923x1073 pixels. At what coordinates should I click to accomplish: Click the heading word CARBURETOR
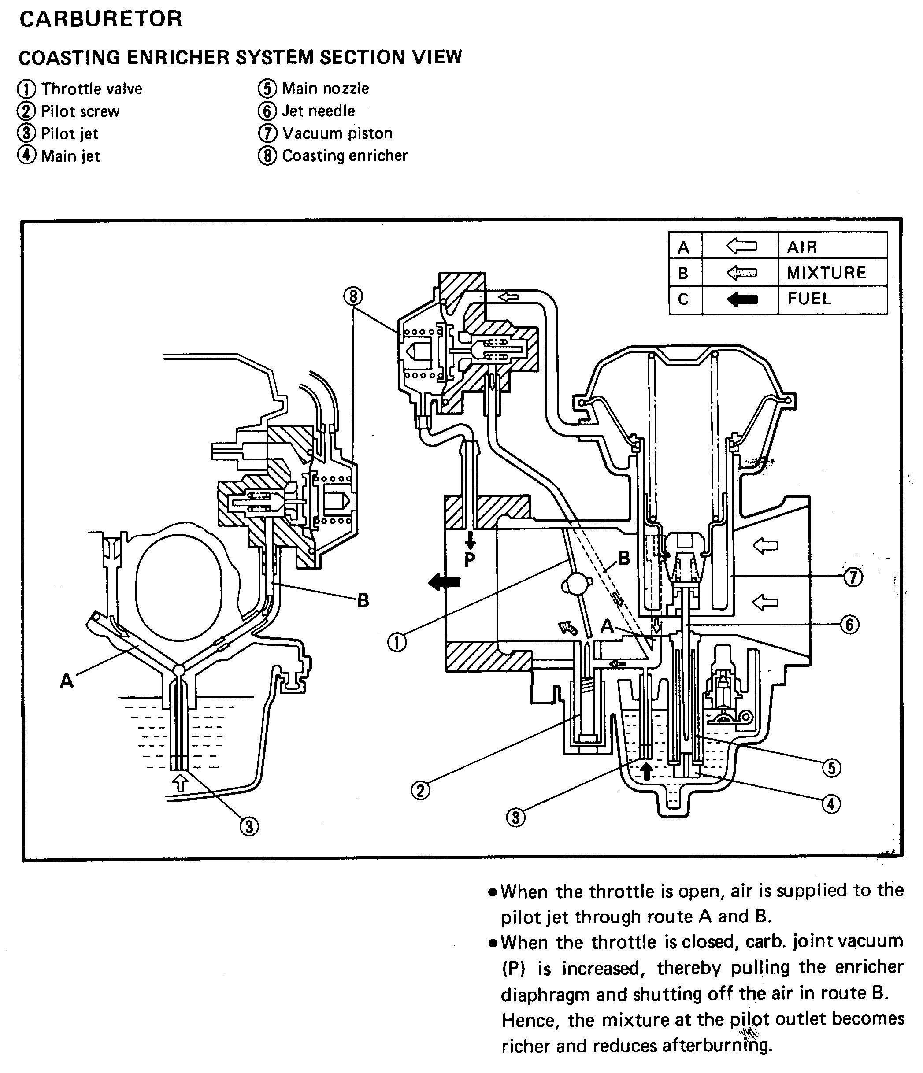[x=100, y=19]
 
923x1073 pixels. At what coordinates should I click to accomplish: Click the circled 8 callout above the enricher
[x=353, y=296]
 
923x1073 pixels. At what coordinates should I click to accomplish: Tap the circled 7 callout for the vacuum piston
[x=853, y=577]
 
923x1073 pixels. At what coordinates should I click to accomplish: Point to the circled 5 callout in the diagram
[x=831, y=767]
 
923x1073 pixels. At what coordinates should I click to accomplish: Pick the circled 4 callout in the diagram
[x=831, y=804]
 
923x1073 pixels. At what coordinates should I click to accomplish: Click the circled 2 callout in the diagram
[x=420, y=790]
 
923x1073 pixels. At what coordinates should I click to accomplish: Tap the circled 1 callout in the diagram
[x=397, y=643]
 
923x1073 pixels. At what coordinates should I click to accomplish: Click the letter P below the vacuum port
[x=470, y=559]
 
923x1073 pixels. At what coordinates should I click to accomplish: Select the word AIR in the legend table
[x=801, y=247]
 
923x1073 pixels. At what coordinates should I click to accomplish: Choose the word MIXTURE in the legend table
[x=826, y=273]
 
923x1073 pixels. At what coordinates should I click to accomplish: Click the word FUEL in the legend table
[x=809, y=299]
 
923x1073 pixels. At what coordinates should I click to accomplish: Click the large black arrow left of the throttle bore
[x=445, y=582]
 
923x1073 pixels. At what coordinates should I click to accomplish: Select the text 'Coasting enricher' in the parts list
[x=345, y=155]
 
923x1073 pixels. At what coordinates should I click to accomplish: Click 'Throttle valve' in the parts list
[x=92, y=89]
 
